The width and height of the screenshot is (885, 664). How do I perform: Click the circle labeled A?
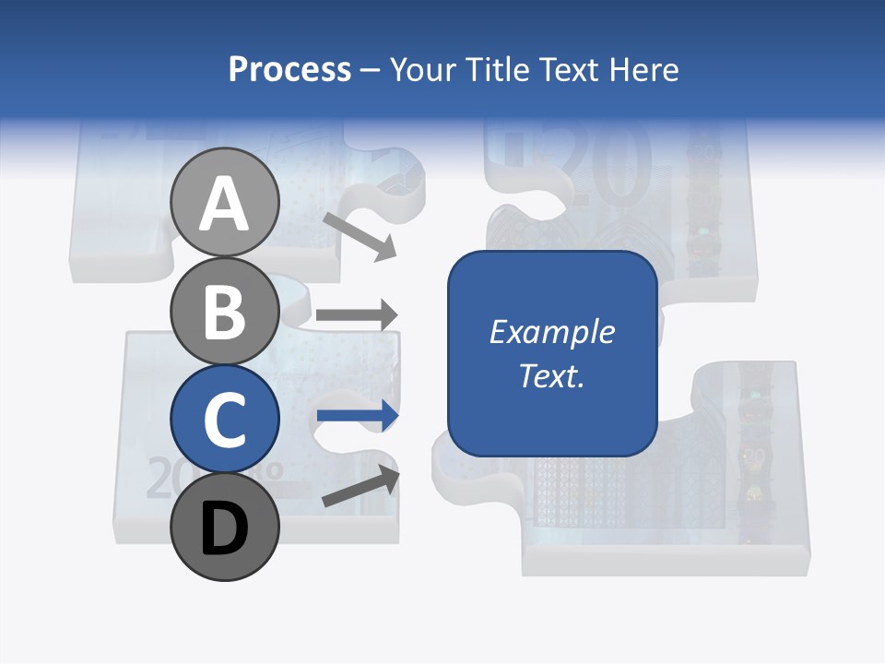tap(225, 203)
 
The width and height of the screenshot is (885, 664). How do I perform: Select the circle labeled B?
tap(225, 312)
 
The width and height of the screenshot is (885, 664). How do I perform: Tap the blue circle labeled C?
tap(225, 420)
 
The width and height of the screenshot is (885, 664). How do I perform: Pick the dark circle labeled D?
tap(225, 528)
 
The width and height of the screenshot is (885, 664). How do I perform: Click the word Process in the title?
tap(290, 69)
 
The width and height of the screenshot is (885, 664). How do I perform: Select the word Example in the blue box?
tap(551, 332)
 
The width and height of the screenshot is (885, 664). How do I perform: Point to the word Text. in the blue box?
tap(551, 376)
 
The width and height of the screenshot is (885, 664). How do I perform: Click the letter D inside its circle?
tap(225, 529)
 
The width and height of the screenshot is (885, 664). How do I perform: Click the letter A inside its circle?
tap(225, 205)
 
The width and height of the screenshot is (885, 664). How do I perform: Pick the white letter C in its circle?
tap(225, 421)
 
